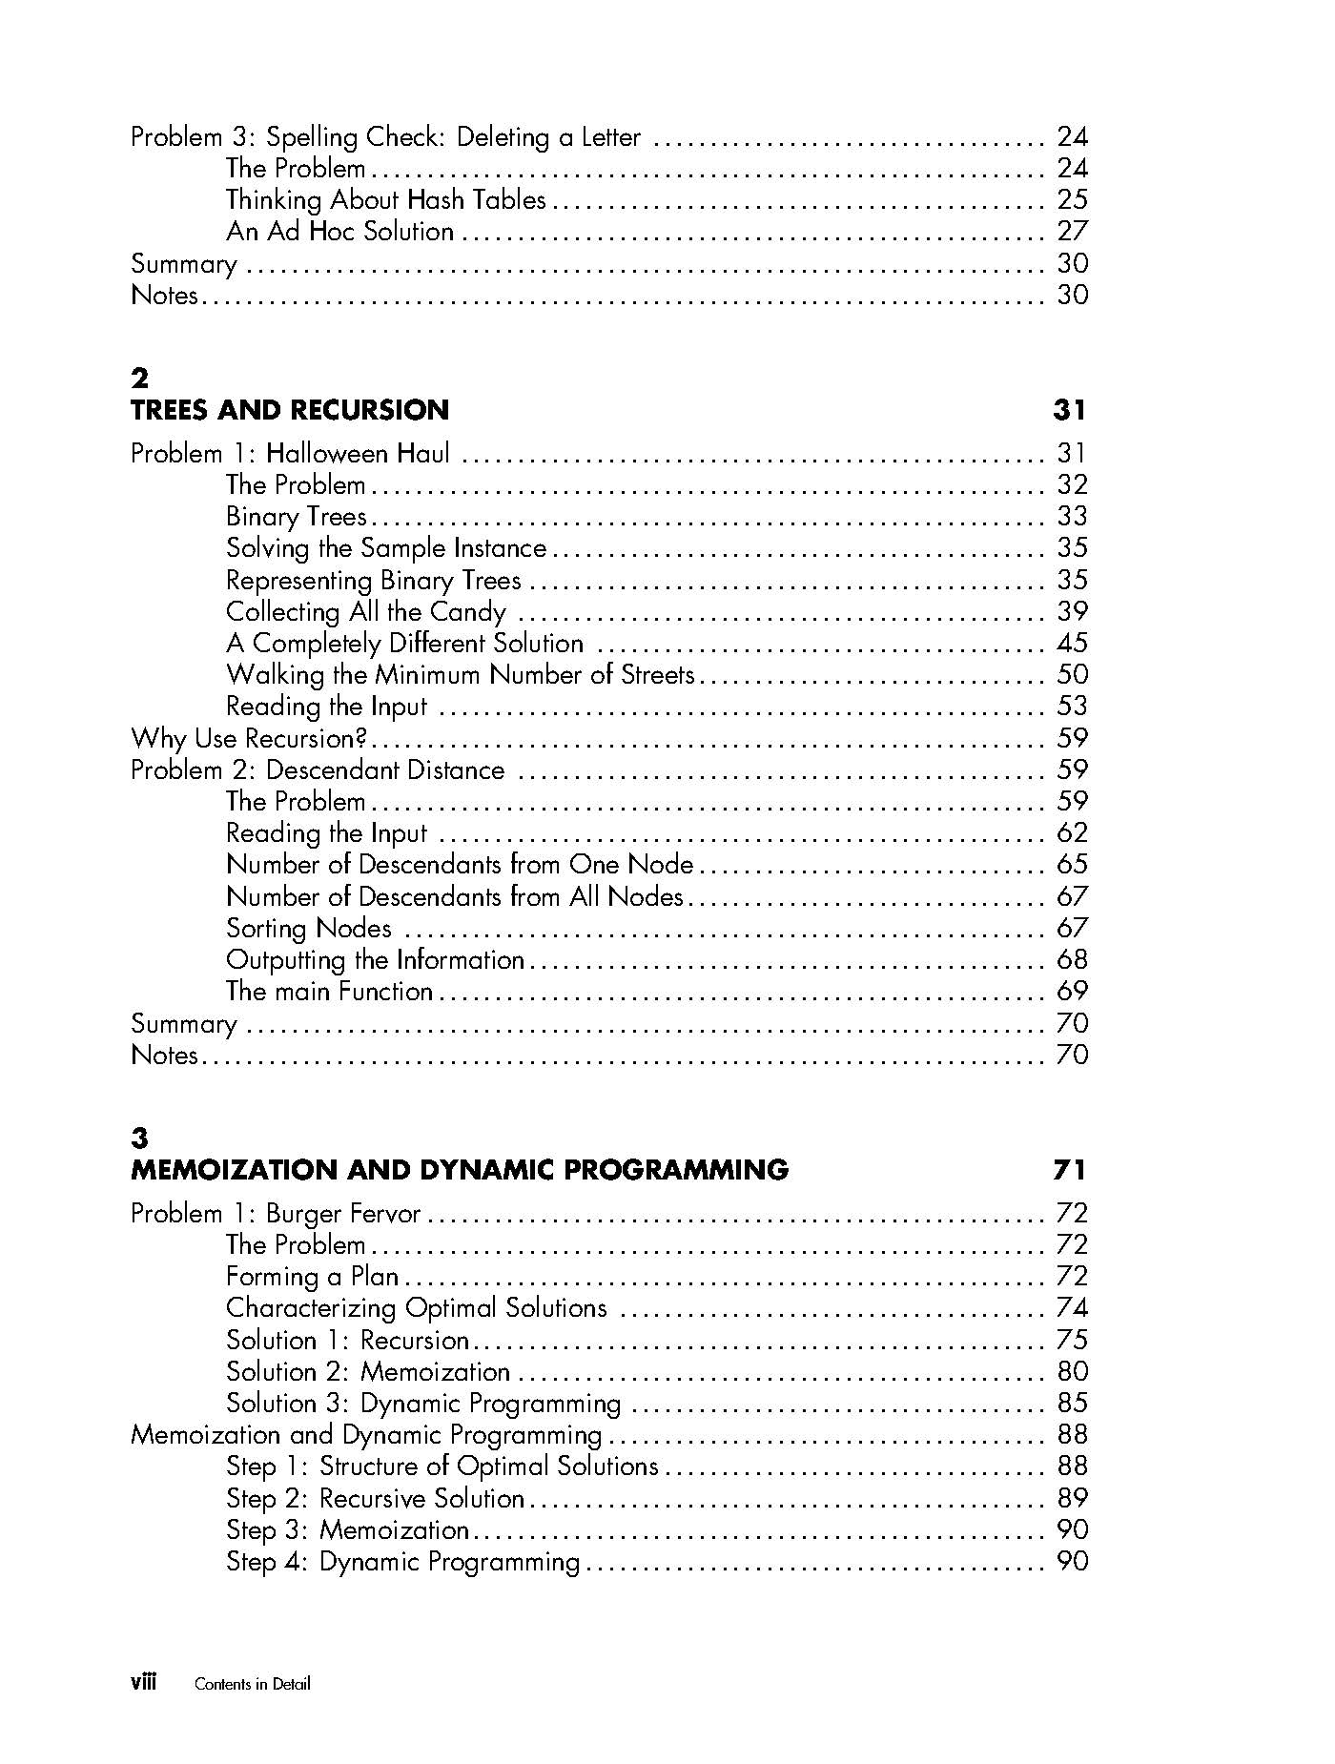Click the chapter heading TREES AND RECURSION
point(290,410)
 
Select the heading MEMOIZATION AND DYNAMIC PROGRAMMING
point(460,1170)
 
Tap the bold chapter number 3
point(140,1138)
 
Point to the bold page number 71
point(1070,1170)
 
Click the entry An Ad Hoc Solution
point(339,232)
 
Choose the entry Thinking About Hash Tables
point(385,200)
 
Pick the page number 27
point(1072,232)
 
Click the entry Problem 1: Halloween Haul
point(290,454)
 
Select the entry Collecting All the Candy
point(365,612)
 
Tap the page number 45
point(1072,644)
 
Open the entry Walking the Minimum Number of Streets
point(460,675)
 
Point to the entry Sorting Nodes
point(308,929)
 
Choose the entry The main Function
point(329,992)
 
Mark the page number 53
point(1072,707)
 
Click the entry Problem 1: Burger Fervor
point(276,1214)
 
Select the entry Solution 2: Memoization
point(367,1372)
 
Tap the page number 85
point(1072,1404)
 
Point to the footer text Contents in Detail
point(253,1684)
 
